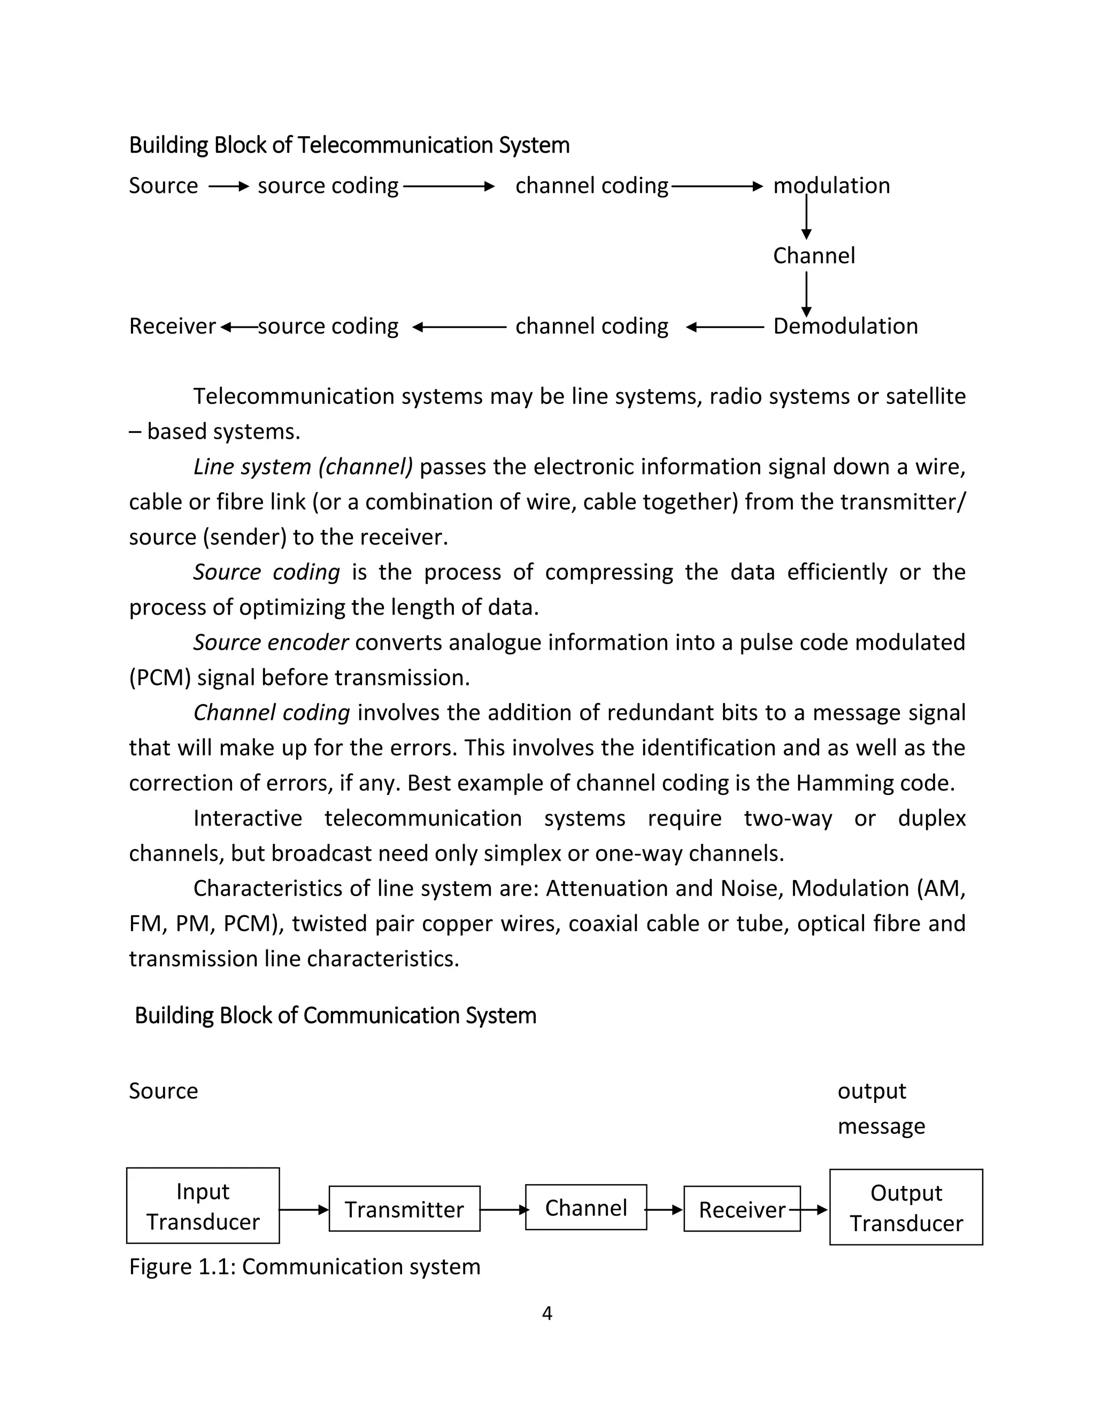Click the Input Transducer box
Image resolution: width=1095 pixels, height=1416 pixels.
[203, 1206]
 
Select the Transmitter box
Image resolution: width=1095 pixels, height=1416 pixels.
[404, 1209]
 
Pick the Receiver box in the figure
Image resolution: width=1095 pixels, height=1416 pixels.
[742, 1209]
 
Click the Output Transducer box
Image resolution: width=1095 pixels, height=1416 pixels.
[906, 1207]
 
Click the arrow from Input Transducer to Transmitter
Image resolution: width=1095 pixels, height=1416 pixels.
[304, 1210]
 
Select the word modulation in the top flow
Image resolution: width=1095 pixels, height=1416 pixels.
[831, 186]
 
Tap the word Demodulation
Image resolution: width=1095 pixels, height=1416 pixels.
[845, 326]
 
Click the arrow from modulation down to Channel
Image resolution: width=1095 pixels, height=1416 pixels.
[806, 217]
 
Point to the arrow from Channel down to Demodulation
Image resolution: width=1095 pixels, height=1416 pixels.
[806, 294]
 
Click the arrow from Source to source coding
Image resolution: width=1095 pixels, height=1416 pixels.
[228, 186]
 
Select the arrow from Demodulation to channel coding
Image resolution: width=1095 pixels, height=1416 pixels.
[724, 328]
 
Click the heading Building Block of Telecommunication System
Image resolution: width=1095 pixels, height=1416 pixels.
[349, 145]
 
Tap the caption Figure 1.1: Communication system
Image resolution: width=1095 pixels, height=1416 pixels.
[304, 1267]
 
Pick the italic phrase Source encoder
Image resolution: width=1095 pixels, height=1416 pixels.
[271, 642]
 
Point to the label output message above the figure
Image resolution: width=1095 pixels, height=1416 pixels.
[880, 1109]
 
